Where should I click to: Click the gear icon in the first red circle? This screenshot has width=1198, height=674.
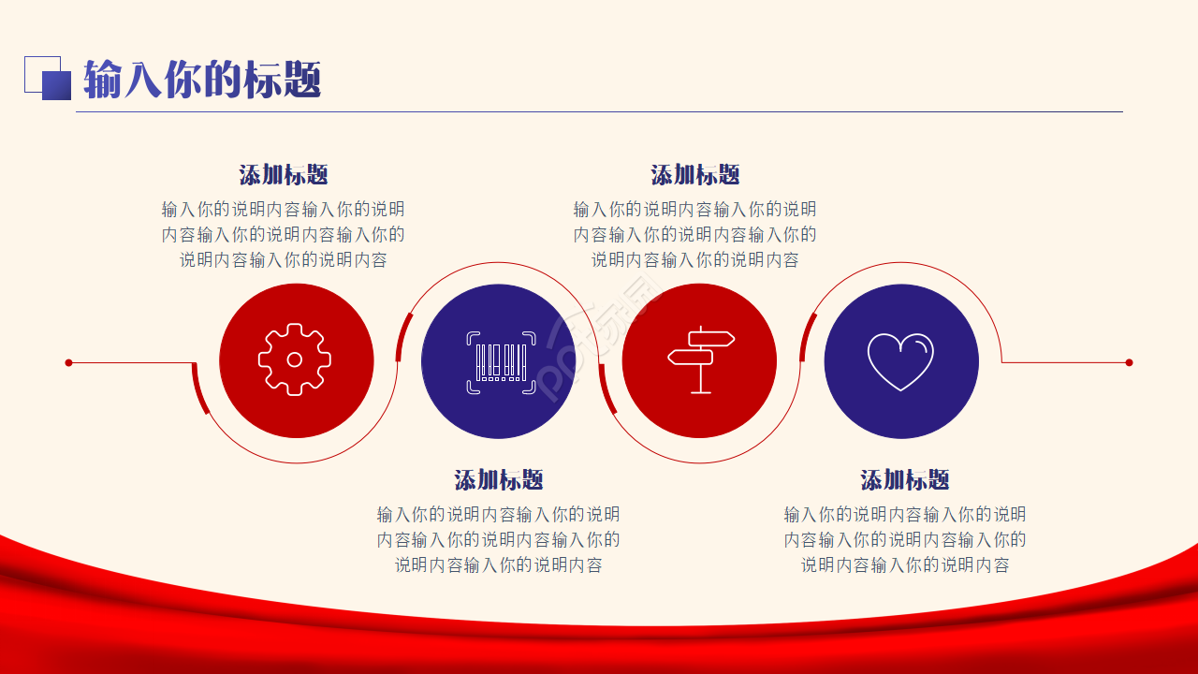pos(295,359)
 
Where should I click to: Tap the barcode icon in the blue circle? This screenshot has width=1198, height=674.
pos(501,362)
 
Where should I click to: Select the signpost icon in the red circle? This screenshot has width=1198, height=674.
pos(701,359)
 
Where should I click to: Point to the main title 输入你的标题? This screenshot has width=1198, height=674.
pos(202,80)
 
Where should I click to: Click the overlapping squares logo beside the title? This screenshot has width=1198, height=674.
pos(48,78)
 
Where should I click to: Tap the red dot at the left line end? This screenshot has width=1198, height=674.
pos(68,362)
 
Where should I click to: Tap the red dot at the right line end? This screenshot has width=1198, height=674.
pos(1129,362)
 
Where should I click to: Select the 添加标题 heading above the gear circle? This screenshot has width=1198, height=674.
pos(284,175)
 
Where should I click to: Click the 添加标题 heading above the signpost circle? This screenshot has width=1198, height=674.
pos(695,175)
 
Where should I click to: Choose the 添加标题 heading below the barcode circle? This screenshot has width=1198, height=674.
pos(499,480)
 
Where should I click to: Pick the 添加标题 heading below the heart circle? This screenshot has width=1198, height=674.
pos(905,480)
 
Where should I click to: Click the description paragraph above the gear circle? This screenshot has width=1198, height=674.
pos(284,234)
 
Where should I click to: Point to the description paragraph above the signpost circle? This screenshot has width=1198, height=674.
pos(695,234)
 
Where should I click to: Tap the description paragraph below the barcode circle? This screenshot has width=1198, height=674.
pos(499,539)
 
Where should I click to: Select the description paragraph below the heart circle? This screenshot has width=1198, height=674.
pos(905,539)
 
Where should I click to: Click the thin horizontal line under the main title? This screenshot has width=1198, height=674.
pos(600,111)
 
